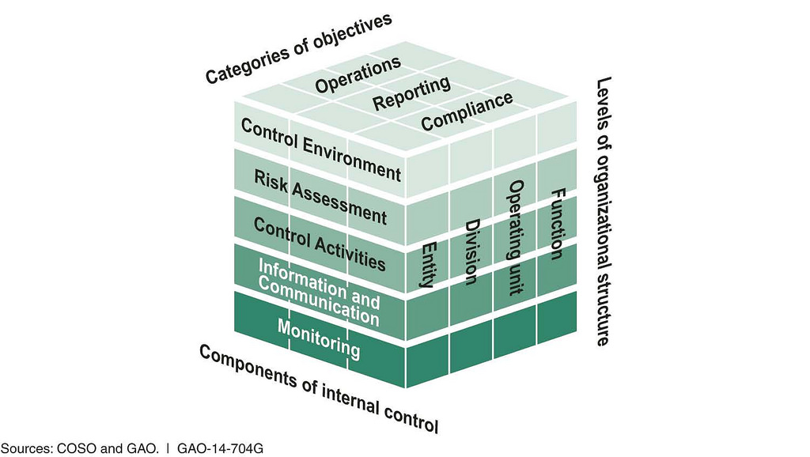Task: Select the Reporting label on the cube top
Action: (411, 93)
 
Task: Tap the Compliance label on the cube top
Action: (467, 111)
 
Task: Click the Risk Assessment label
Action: (320, 197)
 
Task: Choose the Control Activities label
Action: (320, 244)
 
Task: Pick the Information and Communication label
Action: (319, 293)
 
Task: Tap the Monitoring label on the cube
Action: (319, 338)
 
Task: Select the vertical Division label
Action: (471, 252)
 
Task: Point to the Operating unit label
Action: (515, 237)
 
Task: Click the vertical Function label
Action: (557, 224)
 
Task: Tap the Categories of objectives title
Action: (298, 48)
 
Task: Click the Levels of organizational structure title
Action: (604, 211)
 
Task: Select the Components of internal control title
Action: (319, 389)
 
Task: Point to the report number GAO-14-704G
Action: (220, 448)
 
